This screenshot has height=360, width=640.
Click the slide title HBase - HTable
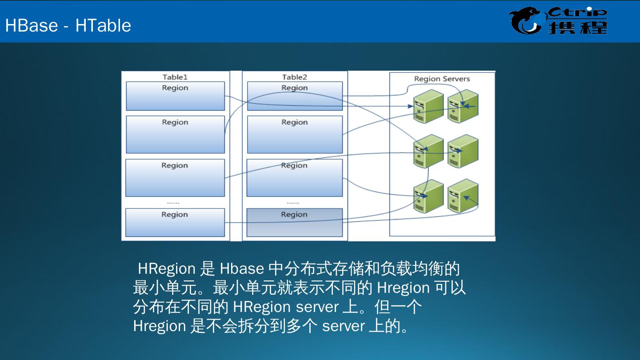(68, 25)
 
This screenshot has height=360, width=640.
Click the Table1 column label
(175, 77)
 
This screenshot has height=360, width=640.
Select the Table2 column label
(295, 77)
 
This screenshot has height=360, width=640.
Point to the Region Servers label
(442, 79)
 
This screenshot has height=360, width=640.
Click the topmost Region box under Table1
(175, 96)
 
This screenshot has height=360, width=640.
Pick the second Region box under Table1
(175, 134)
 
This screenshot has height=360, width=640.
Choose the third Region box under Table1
(175, 177)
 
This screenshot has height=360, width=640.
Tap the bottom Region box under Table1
(175, 222)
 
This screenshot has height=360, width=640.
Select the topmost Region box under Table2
(295, 96)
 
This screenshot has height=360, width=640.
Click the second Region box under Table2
(295, 134)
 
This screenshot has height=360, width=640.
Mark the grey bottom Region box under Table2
(295, 222)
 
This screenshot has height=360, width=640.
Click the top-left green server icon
(428, 106)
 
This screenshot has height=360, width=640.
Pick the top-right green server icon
(463, 106)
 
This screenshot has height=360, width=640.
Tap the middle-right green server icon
(463, 151)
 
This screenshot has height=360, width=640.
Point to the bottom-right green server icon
(463, 196)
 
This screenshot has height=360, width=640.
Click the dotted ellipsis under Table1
(173, 203)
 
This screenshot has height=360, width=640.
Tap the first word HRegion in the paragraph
(167, 268)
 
